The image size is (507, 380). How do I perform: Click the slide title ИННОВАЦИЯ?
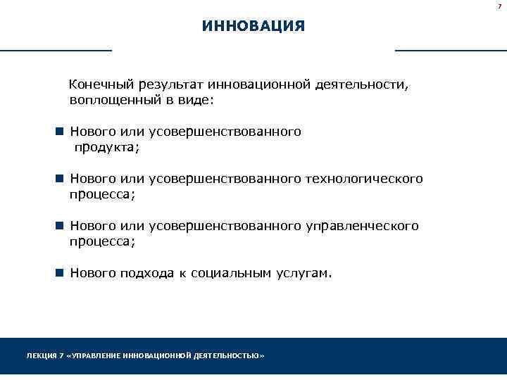(253, 27)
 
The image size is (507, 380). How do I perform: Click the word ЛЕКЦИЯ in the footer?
(41, 357)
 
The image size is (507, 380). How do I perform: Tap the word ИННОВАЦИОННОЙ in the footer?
(154, 357)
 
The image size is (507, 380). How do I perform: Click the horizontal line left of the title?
(56, 51)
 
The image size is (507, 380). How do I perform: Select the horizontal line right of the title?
(451, 51)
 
